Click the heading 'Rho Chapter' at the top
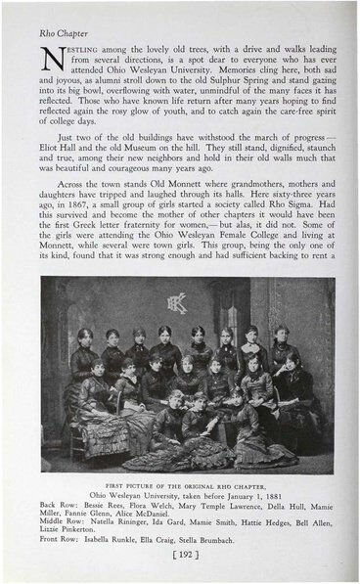[x=60, y=32]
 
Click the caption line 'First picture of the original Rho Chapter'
[x=179, y=485]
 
